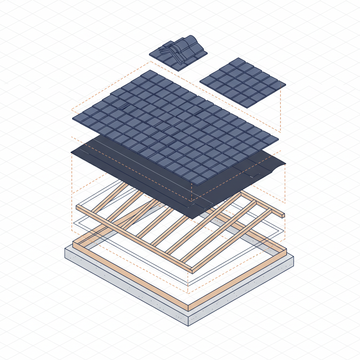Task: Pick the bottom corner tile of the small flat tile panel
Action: coord(248,103)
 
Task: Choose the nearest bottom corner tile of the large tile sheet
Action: coord(199,180)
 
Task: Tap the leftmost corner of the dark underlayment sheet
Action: coord(72,152)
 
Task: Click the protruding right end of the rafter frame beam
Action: coord(283,215)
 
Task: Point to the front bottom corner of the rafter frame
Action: coord(192,271)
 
